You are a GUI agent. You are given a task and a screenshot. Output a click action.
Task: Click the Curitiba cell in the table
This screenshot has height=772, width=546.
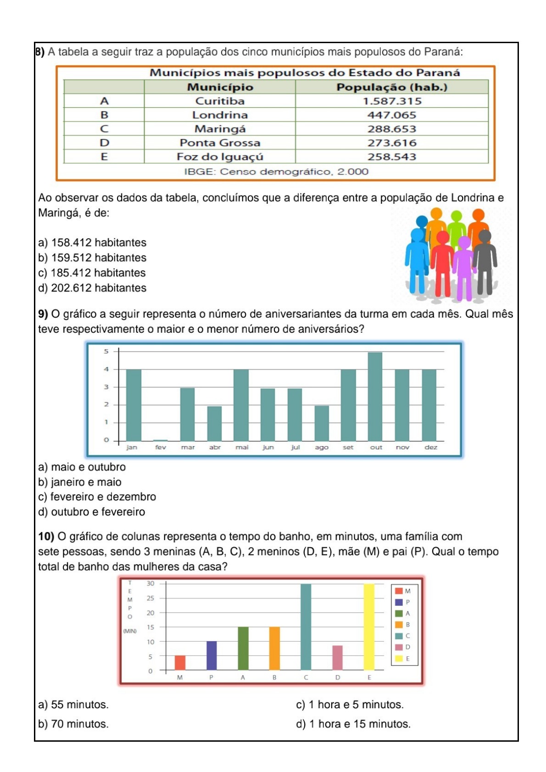tap(220, 101)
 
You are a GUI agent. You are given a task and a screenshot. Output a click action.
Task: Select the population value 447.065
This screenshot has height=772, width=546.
tap(391, 115)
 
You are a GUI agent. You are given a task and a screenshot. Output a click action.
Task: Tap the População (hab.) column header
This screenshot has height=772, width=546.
tap(391, 87)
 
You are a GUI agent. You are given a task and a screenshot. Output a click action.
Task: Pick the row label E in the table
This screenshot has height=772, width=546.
tap(104, 157)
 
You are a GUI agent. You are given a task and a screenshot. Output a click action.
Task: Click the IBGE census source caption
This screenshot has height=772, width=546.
tap(276, 172)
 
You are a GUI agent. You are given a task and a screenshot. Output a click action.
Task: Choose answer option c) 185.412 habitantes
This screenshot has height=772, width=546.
tap(92, 273)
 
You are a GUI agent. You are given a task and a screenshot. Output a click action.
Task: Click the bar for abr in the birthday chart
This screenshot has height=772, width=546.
tap(214, 423)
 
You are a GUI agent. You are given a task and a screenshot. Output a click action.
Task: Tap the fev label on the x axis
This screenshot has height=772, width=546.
tap(161, 447)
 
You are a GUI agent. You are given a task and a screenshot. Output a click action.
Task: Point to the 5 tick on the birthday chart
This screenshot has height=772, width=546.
tap(106, 352)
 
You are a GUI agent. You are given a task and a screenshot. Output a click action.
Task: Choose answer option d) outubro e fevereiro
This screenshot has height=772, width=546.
tap(91, 512)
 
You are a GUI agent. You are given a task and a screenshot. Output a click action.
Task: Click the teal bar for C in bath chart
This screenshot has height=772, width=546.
tap(306, 627)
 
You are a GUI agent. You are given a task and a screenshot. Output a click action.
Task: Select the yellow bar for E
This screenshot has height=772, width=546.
tap(369, 627)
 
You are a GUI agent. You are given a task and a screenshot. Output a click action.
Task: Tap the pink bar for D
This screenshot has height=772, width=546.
tap(337, 658)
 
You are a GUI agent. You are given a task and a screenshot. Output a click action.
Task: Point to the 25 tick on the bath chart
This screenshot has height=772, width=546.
tap(150, 598)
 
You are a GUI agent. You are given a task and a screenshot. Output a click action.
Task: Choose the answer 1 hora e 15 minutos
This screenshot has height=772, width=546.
tap(353, 724)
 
